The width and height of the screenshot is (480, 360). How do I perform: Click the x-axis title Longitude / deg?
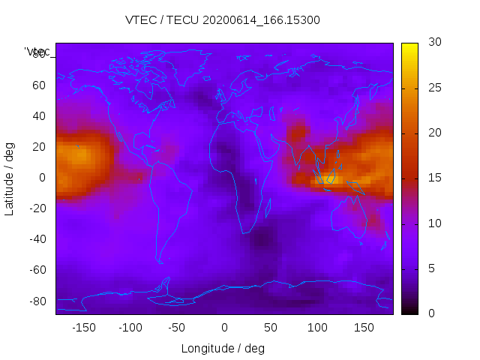pos(223,349)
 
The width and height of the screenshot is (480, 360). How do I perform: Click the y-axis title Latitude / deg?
pos(10,178)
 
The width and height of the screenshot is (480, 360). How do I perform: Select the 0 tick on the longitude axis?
pos(224,328)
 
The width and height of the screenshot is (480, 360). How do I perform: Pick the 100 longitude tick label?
pos(317,328)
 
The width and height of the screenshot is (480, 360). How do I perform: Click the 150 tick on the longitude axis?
pos(364,328)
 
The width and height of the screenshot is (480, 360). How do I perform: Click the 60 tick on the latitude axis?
pos(39,85)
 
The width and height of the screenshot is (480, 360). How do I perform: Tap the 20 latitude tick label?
pos(39,147)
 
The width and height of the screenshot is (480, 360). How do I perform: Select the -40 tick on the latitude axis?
pos(37,239)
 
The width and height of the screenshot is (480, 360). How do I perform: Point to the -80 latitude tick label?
pos(37,301)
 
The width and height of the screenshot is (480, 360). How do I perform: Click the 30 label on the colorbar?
pos(434,43)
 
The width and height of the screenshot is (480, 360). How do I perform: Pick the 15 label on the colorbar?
pos(434,178)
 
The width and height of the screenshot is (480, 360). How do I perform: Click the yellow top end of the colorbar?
pos(409,46)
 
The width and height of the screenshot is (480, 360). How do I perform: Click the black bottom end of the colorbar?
pos(409,310)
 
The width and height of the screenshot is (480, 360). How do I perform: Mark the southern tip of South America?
pos(160,262)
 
